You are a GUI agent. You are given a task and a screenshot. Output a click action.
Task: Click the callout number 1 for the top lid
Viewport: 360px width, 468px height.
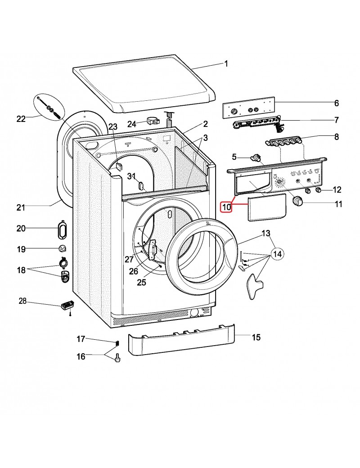pos(226,64)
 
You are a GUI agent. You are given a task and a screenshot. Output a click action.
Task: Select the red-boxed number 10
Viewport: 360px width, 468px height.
pos(225,207)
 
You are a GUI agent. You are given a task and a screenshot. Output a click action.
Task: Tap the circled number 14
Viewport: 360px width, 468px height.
pos(278,254)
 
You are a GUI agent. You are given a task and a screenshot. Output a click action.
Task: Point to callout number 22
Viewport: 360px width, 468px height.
pos(21,119)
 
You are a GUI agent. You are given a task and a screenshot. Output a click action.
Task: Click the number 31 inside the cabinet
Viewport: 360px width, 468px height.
pos(131,175)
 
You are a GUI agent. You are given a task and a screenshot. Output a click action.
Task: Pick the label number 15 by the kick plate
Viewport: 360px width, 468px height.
pos(256,337)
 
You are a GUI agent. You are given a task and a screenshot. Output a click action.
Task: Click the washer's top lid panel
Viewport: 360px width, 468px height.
pos(144,83)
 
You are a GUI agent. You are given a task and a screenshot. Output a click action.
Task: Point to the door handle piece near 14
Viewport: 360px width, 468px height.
pos(255,284)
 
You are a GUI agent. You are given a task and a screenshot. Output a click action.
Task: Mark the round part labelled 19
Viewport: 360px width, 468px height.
pos(63,249)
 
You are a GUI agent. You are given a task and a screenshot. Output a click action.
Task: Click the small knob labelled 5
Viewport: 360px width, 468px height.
pos(257,157)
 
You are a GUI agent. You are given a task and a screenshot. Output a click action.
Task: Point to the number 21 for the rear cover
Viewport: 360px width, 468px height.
pos(21,207)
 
